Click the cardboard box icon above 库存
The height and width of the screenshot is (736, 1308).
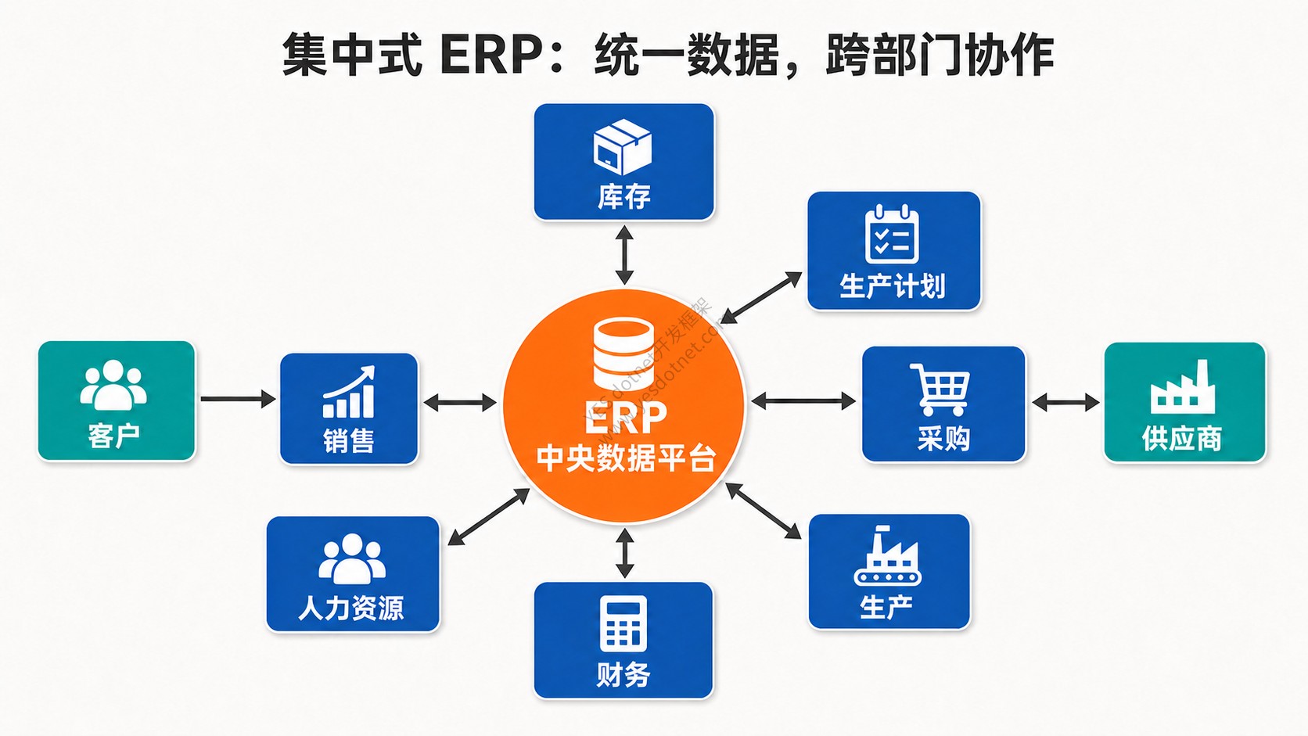pyautogui.click(x=623, y=147)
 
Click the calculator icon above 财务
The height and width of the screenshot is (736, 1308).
pyautogui.click(x=623, y=623)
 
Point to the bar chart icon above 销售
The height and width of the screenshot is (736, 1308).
pyautogui.click(x=349, y=392)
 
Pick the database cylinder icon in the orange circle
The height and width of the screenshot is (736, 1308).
pyautogui.click(x=623, y=354)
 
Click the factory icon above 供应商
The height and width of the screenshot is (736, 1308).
pyautogui.click(x=1183, y=386)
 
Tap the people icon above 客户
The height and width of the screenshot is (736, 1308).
pyautogui.click(x=113, y=385)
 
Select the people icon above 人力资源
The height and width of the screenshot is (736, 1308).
pyautogui.click(x=352, y=558)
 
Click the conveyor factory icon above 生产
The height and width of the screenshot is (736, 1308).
pyautogui.click(x=888, y=555)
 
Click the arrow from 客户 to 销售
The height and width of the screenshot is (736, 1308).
pyautogui.click(x=238, y=399)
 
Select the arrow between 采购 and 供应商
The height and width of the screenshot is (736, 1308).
pyautogui.click(x=1065, y=402)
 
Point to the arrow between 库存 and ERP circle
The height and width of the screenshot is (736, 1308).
pyautogui.click(x=624, y=255)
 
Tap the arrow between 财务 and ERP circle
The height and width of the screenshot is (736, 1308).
pyautogui.click(x=625, y=553)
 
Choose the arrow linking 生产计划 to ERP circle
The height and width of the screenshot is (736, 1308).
pyautogui.click(x=761, y=297)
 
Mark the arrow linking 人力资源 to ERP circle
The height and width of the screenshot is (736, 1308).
pyautogui.click(x=489, y=516)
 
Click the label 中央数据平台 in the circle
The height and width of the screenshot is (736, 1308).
pyautogui.click(x=626, y=458)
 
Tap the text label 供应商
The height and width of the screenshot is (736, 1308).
pyautogui.click(x=1183, y=438)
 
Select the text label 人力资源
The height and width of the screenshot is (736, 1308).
pyautogui.click(x=351, y=608)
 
